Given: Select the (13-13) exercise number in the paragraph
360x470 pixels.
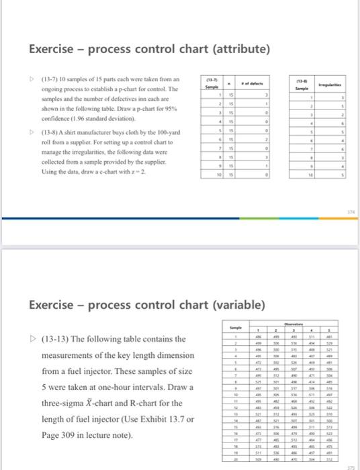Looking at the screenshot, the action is click(x=48, y=338).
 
